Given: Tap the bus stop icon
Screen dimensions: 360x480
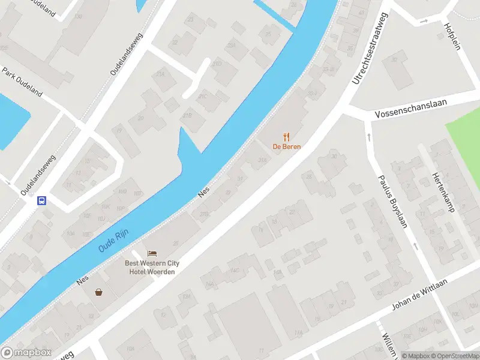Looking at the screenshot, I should click(x=42, y=201).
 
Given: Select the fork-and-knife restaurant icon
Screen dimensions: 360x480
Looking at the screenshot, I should click(x=287, y=137).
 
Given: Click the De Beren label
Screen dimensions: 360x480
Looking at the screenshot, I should click(x=287, y=146).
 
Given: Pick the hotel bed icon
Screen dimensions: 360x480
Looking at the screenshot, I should click(x=152, y=254).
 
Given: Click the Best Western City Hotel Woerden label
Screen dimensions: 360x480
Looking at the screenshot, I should click(x=152, y=267).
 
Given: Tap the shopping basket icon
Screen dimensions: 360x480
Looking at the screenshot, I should click(x=98, y=292).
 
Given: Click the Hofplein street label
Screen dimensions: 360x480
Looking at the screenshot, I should click(x=451, y=36).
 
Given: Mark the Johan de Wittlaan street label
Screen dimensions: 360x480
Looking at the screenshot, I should click(x=420, y=298).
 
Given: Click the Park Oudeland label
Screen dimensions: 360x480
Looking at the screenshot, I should click(x=22, y=82).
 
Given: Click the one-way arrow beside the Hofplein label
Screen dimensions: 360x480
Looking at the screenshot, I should click(x=424, y=21).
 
